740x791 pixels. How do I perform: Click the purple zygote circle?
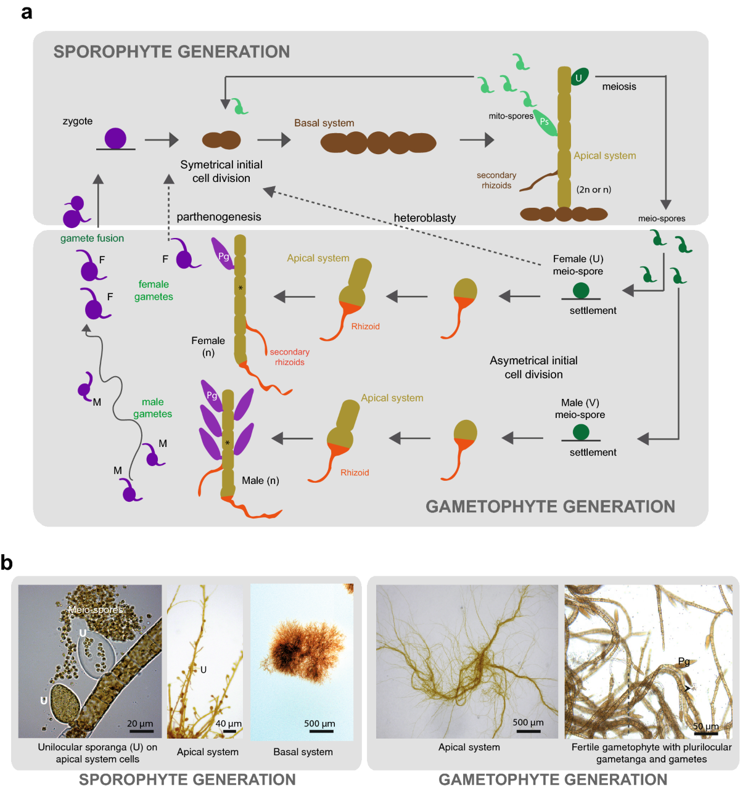[x=115, y=138]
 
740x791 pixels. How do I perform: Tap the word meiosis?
[x=619, y=86]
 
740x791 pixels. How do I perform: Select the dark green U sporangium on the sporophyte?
[x=579, y=77]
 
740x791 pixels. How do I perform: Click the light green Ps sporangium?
[x=545, y=122]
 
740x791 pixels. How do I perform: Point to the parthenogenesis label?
[x=218, y=216]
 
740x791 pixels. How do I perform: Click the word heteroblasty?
[x=425, y=218]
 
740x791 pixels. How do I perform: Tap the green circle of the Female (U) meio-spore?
[x=580, y=290]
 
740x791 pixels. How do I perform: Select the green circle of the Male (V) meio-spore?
[x=580, y=432]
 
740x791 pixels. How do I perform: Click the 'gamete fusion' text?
[x=92, y=238]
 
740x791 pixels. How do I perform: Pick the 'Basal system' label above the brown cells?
[x=324, y=123]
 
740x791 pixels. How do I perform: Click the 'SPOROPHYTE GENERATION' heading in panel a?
[x=171, y=51]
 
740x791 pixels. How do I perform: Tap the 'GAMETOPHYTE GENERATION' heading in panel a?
[x=550, y=506]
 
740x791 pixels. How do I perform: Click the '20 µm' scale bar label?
[x=140, y=723]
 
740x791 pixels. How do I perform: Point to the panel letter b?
[x=7, y=562]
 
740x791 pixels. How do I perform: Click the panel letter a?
[x=27, y=12]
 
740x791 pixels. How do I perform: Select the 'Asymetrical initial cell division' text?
[x=533, y=367]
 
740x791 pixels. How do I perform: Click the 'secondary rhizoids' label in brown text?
[x=496, y=180]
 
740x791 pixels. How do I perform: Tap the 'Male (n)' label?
[x=260, y=480]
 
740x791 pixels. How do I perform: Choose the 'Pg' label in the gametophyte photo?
[x=684, y=662]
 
